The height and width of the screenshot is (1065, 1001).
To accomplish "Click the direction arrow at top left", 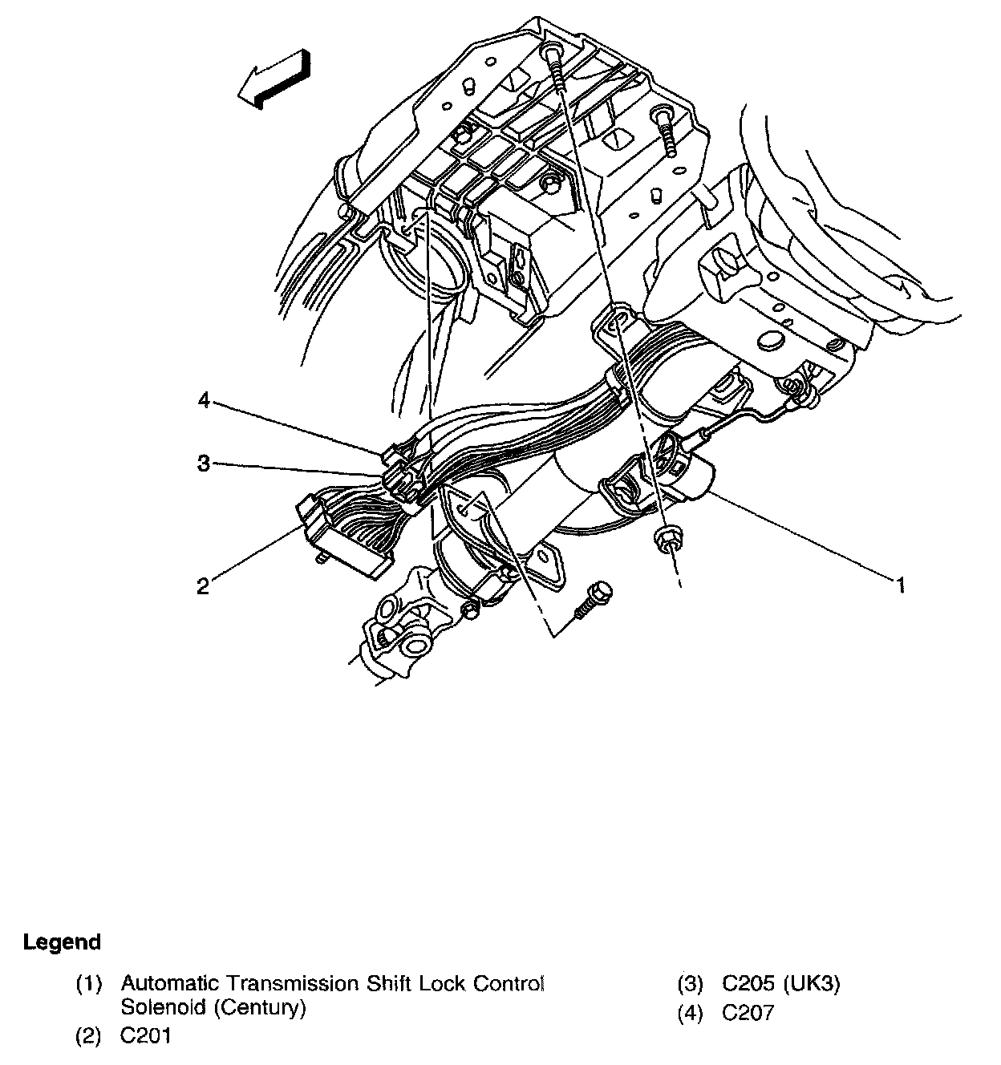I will pyautogui.click(x=274, y=79).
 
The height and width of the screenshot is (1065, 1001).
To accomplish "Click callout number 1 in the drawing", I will pyautogui.click(x=902, y=585).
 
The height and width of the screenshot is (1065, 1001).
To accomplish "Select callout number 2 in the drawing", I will pyautogui.click(x=203, y=587).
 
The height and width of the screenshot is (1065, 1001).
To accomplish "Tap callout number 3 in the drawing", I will pyautogui.click(x=205, y=463).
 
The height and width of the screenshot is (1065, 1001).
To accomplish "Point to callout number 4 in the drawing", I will pyautogui.click(x=205, y=400).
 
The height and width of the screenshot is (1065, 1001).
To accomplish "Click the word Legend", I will pyautogui.click(x=63, y=941).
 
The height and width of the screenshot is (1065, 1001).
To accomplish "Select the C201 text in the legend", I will pyautogui.click(x=146, y=1035).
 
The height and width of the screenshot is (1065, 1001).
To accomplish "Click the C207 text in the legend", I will pyautogui.click(x=748, y=1013).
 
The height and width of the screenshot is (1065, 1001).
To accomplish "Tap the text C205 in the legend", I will pyautogui.click(x=749, y=983).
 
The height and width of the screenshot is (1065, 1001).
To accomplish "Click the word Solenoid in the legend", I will pyautogui.click(x=164, y=1007).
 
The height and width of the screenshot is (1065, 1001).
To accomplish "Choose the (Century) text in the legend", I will pyautogui.click(x=260, y=1007).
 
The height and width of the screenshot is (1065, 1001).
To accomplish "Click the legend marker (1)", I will pyautogui.click(x=89, y=983).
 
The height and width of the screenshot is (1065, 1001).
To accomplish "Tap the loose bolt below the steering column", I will pyautogui.click(x=593, y=601).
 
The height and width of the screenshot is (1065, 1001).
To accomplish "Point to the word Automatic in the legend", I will pyautogui.click(x=171, y=983).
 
